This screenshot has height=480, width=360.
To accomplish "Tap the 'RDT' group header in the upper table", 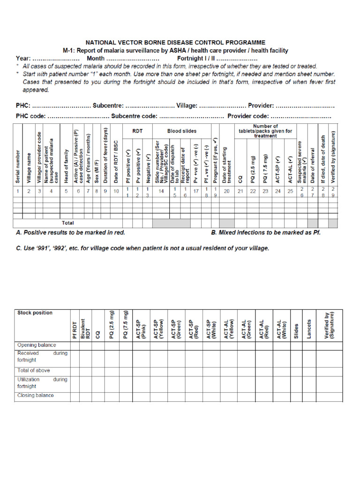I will (x=137, y=131).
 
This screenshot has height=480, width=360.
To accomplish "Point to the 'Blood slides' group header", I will (x=182, y=131).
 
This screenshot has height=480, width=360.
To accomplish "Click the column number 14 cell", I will (x=161, y=191).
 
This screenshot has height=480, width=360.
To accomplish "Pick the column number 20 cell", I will (x=226, y=191).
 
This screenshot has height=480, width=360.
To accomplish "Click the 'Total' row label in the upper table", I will (x=68, y=223).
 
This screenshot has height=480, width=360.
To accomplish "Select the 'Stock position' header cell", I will (x=35, y=313).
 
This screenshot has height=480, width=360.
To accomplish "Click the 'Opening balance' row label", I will (x=36, y=345).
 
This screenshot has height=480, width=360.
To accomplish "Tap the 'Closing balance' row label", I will (x=35, y=395).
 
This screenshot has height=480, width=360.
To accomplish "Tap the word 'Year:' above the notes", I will (x=23, y=59).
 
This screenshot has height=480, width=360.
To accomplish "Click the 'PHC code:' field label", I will (x=30, y=116).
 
